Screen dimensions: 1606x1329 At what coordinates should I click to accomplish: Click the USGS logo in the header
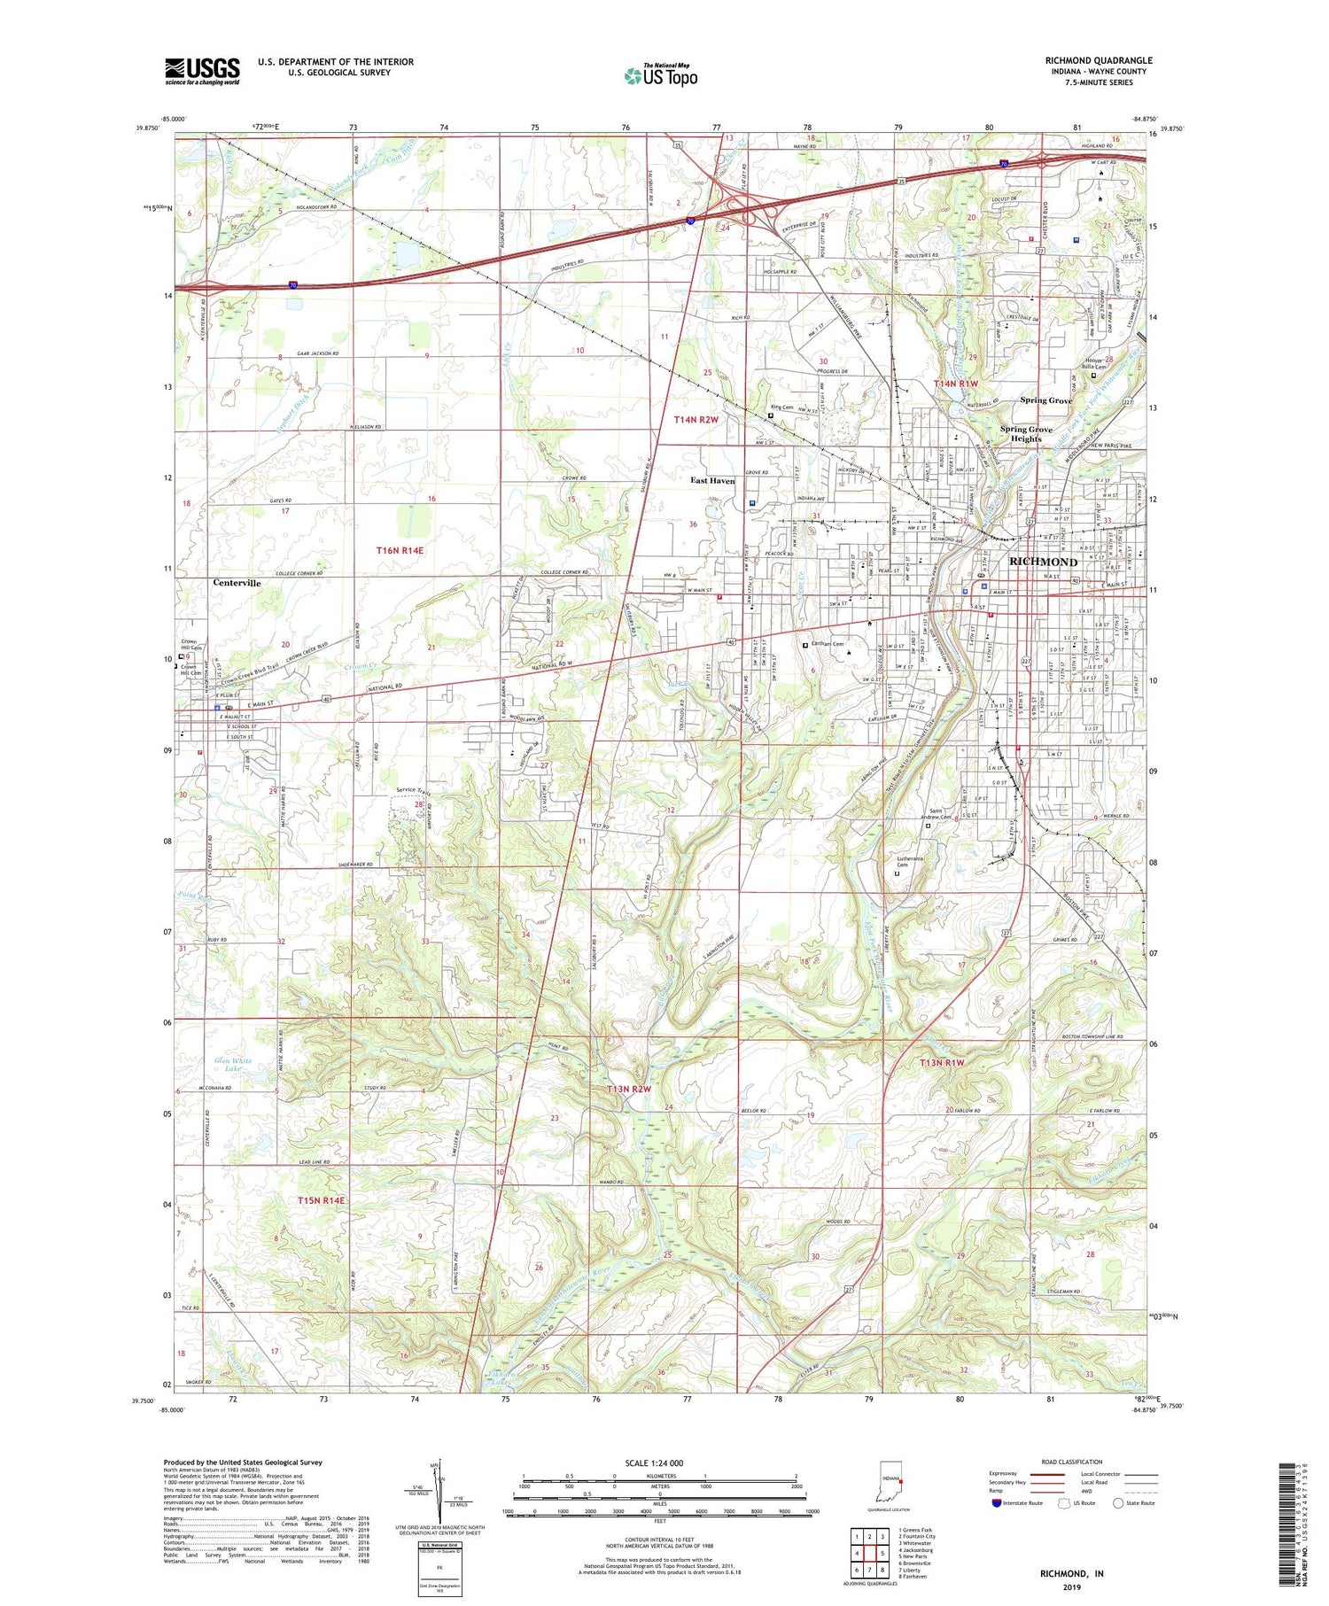click(x=202, y=71)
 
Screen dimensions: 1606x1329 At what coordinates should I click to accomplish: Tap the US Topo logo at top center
click(x=661, y=75)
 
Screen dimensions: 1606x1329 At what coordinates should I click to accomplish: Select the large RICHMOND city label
click(x=1044, y=562)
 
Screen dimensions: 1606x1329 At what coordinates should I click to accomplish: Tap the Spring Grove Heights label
click(x=1026, y=433)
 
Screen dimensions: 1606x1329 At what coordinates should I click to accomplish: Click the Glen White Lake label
click(x=233, y=1065)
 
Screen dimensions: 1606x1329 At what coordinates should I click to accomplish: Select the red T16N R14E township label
click(x=400, y=550)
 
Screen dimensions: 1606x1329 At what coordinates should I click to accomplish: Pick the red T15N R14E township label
click(x=322, y=1199)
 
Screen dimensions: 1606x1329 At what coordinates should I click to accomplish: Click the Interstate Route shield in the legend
click(x=997, y=1503)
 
